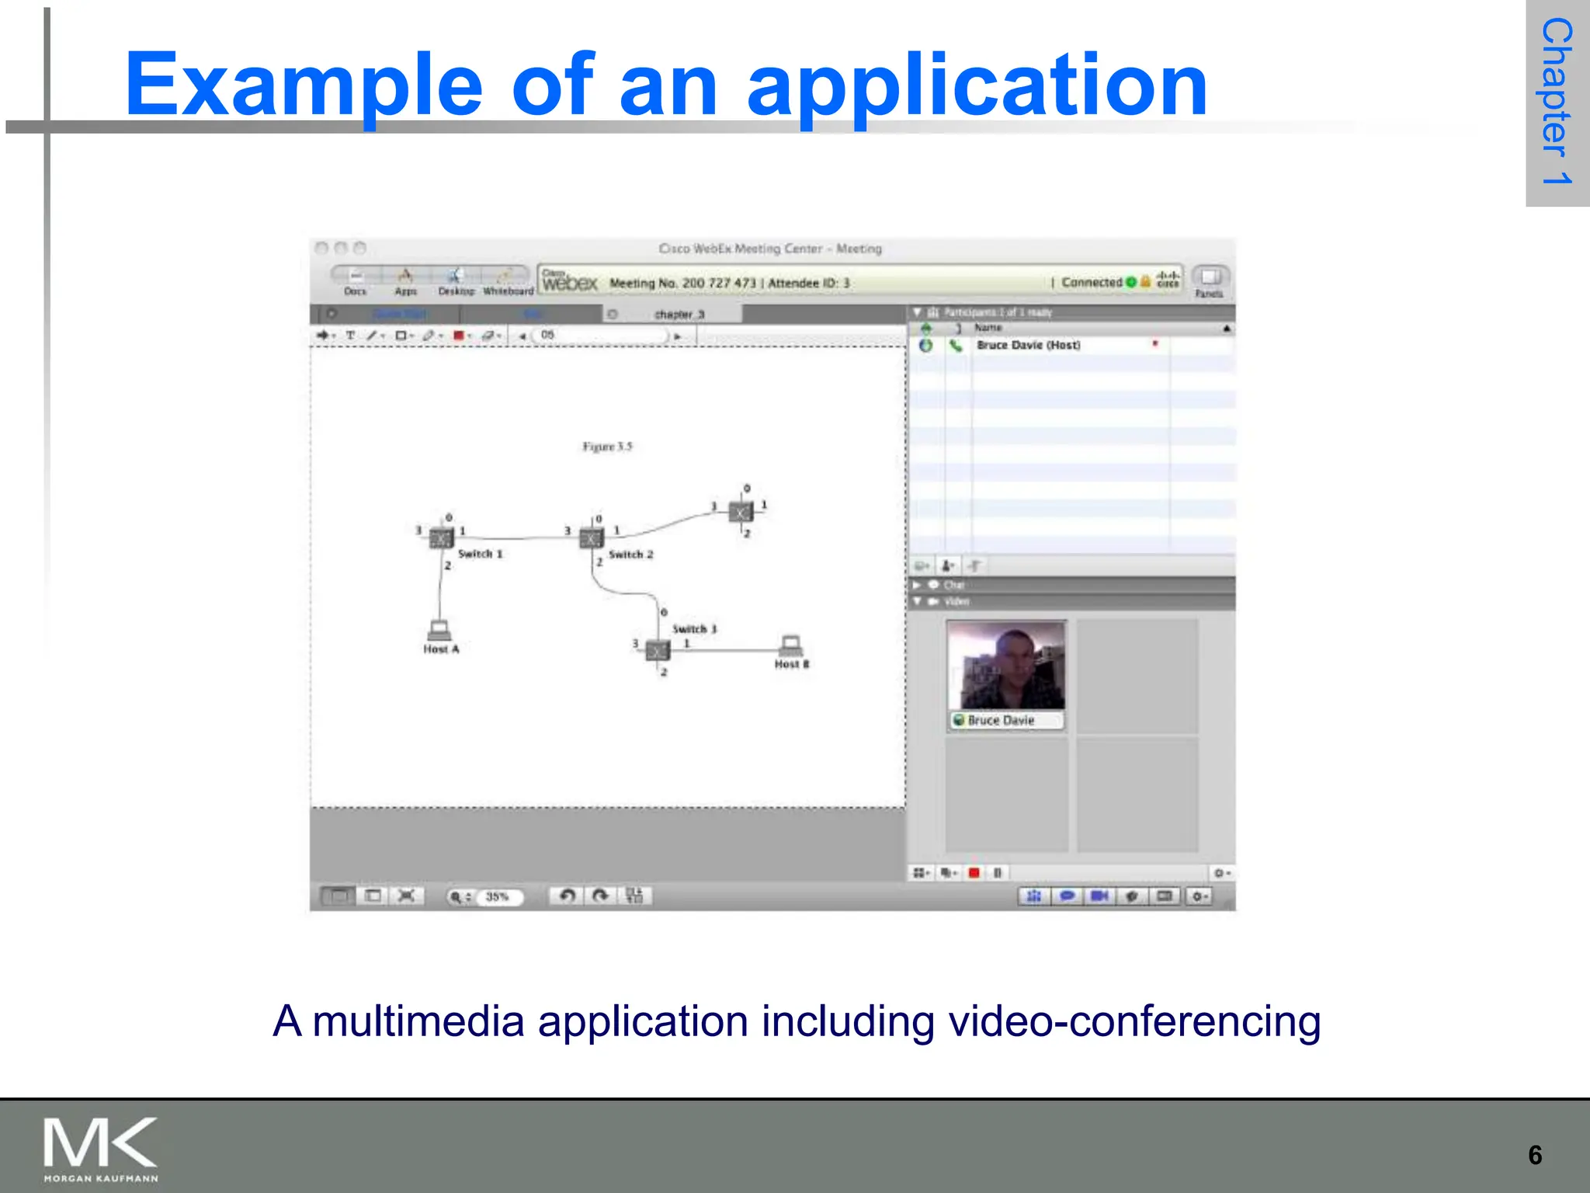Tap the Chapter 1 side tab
[1557, 101]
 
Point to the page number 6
[1535, 1155]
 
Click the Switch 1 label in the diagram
[480, 554]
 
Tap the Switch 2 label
[630, 555]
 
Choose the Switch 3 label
[694, 628]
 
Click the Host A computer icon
[439, 629]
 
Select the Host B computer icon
[791, 645]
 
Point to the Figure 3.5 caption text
[607, 447]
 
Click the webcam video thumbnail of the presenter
[1006, 666]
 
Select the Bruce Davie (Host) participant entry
[1028, 345]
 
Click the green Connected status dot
[1131, 282]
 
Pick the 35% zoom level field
[497, 896]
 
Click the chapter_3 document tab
[679, 314]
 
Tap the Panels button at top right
[1209, 280]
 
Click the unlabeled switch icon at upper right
[741, 512]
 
